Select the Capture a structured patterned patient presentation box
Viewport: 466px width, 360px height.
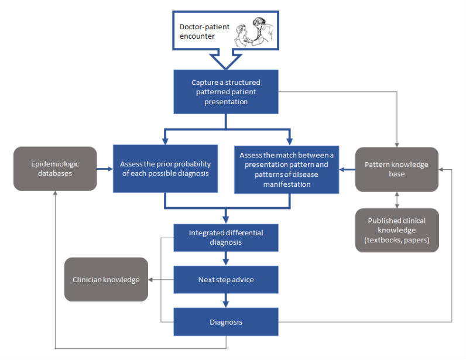click(x=225, y=91)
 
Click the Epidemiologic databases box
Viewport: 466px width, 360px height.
click(x=55, y=169)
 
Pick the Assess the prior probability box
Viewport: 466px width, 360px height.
click(x=165, y=169)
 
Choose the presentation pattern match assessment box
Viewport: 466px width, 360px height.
click(x=286, y=169)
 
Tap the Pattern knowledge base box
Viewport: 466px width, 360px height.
click(x=397, y=169)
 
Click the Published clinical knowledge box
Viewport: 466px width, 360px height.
click(x=397, y=230)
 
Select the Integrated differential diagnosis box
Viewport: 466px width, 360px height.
click(x=225, y=237)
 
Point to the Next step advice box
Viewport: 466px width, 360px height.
click(x=225, y=279)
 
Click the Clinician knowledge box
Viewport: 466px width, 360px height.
click(x=106, y=279)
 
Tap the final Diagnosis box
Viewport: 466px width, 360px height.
click(x=225, y=321)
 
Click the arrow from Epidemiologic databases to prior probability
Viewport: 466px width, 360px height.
click(x=105, y=169)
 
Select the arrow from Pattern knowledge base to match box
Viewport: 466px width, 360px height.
click(x=347, y=170)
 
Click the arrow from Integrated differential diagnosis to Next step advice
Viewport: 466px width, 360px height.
click(x=225, y=258)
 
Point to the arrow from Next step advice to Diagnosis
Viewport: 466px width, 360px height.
click(x=225, y=300)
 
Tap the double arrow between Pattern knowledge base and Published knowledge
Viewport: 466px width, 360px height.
click(x=398, y=200)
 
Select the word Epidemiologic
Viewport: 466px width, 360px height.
click(x=55, y=164)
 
